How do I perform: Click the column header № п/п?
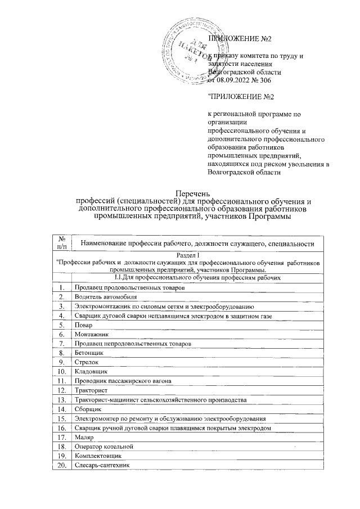[61, 243]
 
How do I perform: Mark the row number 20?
[61, 465]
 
